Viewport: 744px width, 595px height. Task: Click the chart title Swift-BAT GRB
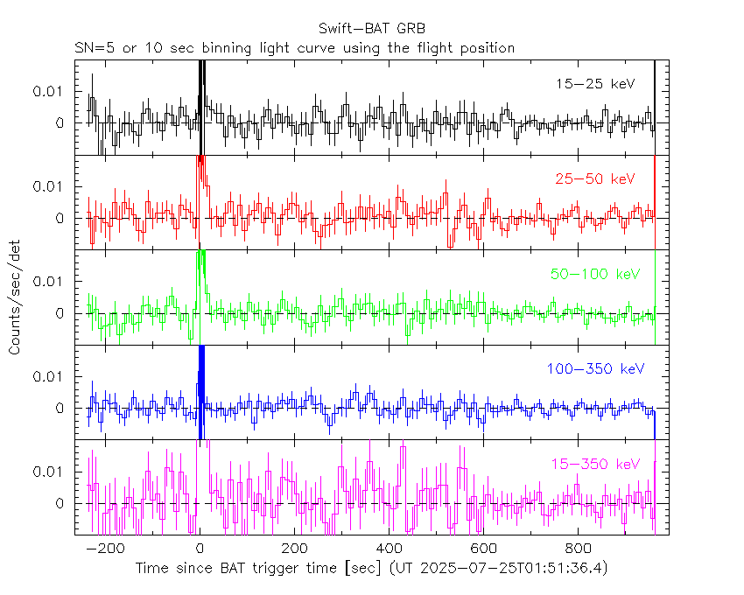(372, 30)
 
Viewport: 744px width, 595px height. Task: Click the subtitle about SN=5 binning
(294, 47)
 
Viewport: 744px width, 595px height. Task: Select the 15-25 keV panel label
(594, 84)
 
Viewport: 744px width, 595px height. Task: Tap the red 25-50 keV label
(594, 178)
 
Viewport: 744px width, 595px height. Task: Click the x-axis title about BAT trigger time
(371, 569)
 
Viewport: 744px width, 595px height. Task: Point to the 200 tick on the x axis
(294, 549)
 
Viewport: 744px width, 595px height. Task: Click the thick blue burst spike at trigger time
(200, 389)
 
